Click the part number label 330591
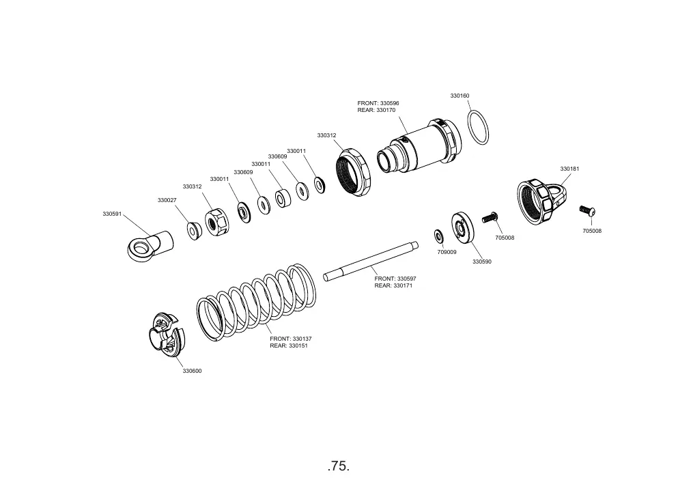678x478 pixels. coord(112,214)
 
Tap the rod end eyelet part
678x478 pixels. coord(150,246)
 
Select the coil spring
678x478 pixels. coord(257,302)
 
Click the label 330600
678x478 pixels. coord(192,371)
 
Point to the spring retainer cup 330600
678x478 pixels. coord(166,335)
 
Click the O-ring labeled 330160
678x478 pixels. coord(478,128)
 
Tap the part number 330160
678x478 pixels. coord(460,96)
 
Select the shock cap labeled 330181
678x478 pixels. coord(543,202)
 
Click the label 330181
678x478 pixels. coord(569,169)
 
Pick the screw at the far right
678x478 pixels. coord(588,211)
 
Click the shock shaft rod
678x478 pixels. coord(371,261)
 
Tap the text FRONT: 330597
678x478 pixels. coord(395,279)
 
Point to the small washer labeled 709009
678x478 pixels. coord(439,236)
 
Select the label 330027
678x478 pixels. coord(167,200)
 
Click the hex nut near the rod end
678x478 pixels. coord(216,223)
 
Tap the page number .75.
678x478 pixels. coord(339,466)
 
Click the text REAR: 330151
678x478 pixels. coord(288,346)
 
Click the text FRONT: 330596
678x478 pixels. coord(378,103)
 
